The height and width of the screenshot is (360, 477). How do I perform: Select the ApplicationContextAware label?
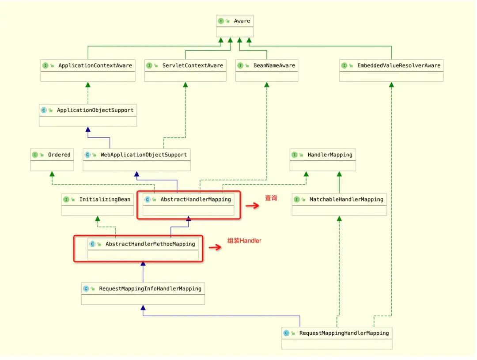95,65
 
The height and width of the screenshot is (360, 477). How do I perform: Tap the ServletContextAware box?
185,71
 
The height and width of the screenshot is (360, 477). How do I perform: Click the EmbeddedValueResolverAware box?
391,71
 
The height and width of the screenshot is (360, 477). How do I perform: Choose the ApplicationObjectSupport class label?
95,110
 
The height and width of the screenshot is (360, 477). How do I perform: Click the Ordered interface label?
59,155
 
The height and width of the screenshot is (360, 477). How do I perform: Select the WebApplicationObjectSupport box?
137,160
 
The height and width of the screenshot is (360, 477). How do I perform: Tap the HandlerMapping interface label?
329,155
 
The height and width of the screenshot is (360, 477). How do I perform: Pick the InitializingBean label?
105,199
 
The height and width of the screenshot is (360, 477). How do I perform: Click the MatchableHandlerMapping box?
339,205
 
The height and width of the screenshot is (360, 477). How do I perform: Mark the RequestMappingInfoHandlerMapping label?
150,288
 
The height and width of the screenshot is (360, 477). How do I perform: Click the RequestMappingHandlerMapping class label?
344,333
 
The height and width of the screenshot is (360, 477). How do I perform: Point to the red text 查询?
271,198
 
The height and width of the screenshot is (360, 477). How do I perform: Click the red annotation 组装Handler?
244,241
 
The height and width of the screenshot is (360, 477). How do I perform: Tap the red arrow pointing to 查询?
252,205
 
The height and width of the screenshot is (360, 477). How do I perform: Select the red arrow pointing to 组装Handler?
215,247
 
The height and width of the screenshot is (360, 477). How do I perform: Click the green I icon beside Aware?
221,21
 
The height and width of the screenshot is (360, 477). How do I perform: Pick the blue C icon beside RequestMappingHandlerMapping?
286,333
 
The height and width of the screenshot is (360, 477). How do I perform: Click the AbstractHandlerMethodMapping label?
150,244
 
